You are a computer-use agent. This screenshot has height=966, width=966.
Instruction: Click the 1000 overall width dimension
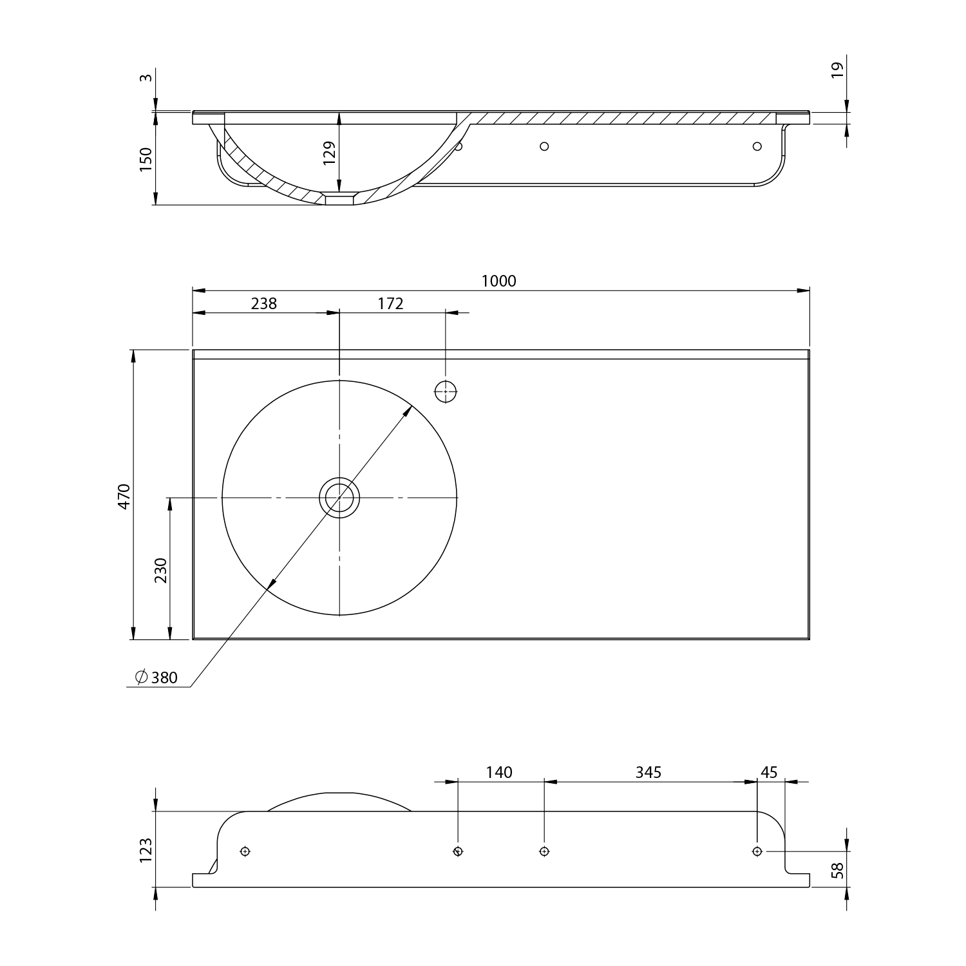[499, 281]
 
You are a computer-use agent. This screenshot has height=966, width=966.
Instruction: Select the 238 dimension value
[264, 303]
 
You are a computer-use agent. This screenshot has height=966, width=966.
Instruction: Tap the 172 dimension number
[390, 303]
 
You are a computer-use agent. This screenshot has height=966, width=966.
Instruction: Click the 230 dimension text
[160, 570]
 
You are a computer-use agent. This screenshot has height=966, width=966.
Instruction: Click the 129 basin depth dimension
[329, 154]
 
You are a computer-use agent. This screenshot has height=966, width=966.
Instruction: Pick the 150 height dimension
[146, 159]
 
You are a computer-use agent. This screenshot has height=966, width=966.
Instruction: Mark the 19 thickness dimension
[837, 70]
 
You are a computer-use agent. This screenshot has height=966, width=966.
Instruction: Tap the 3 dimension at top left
[146, 78]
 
